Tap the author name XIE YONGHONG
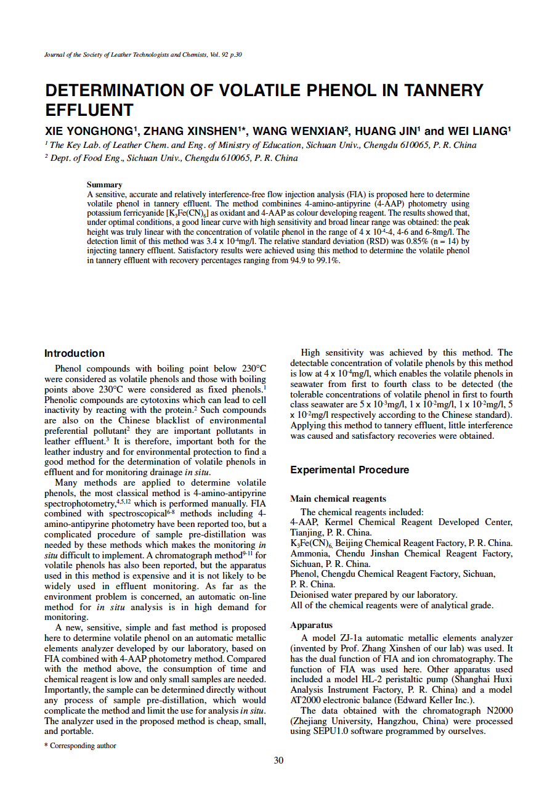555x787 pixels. [89, 131]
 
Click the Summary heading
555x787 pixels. [104, 184]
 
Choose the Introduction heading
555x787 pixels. [75, 353]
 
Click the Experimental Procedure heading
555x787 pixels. [349, 470]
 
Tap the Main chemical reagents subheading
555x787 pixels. [338, 499]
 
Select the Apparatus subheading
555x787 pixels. [311, 625]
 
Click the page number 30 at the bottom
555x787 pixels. [278, 760]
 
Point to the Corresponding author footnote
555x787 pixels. [83, 746]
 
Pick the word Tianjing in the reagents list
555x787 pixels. [306, 532]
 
